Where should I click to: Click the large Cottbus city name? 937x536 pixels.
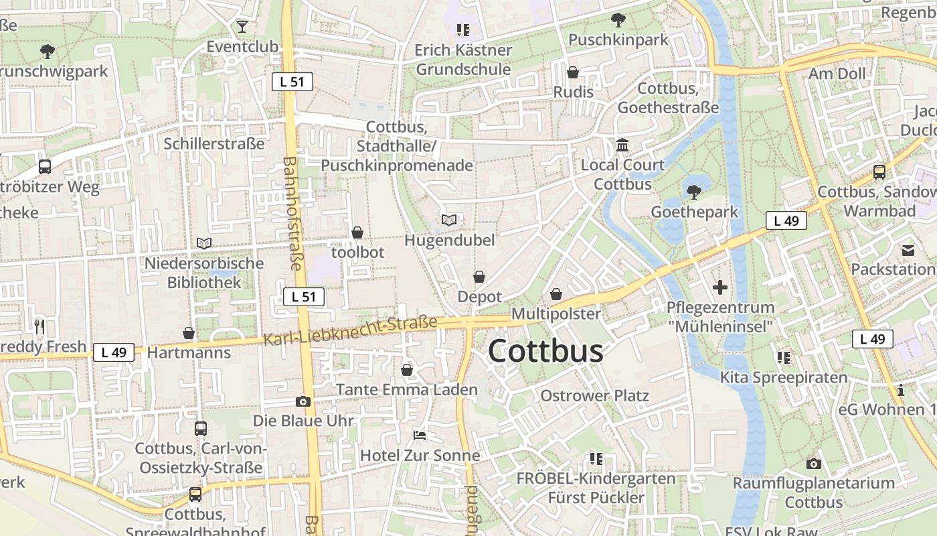545,351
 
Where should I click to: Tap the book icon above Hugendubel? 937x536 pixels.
449,220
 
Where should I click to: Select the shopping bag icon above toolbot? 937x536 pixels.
357,232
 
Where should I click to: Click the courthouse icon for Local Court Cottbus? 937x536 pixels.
622,145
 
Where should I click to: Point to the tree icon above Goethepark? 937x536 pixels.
694,192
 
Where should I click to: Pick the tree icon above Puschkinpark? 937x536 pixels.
618,20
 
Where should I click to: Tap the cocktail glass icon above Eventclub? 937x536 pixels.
242,27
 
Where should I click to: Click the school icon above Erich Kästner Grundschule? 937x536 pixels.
462,30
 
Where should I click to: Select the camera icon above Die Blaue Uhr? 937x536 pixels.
303,401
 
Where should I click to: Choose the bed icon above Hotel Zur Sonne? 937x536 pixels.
420,435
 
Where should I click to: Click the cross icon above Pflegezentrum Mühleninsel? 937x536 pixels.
720,287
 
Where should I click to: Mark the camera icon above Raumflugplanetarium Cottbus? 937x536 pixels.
813,463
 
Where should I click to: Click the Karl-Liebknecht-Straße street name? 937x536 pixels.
351,331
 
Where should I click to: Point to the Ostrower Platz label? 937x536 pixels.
594,395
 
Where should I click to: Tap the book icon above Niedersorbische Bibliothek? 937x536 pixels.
204,243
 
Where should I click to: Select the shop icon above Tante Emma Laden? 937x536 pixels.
407,370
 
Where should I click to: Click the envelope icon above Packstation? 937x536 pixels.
908,250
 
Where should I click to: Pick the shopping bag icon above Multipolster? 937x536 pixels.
556,294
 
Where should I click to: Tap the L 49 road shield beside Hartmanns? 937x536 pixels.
114,352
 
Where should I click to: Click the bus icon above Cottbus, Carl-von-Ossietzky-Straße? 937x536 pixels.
201,428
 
